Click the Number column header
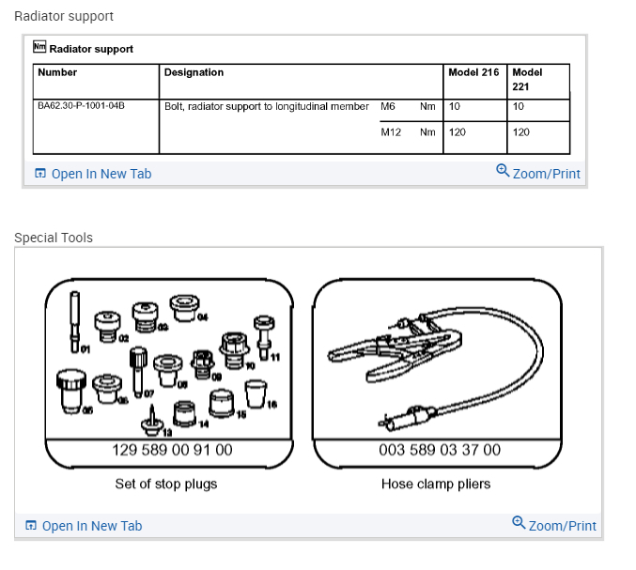(57, 72)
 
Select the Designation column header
(194, 72)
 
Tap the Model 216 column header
(473, 72)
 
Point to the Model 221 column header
(527, 79)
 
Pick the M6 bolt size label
(388, 106)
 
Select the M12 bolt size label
(391, 132)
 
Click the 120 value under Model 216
(458, 132)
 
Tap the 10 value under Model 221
(519, 106)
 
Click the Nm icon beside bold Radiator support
(39, 47)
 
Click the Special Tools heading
(54, 238)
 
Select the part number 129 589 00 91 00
(172, 450)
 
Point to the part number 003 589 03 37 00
(440, 450)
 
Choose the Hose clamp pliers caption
(436, 484)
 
